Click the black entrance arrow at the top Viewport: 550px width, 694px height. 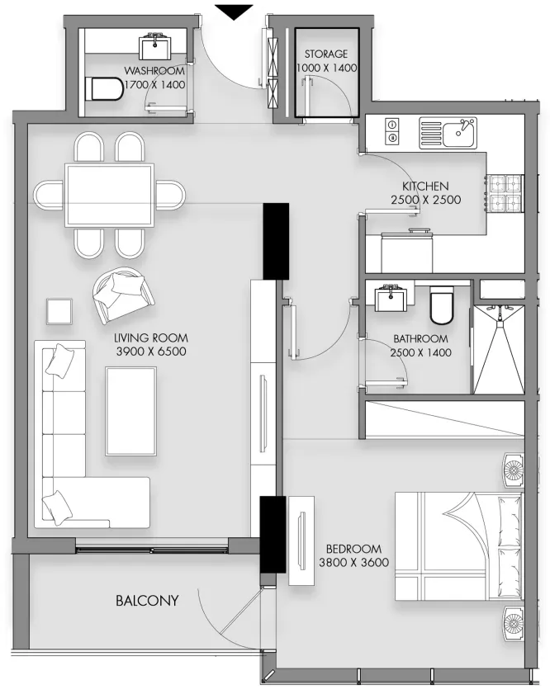pyautogui.click(x=234, y=12)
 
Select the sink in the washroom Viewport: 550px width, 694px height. pyautogui.click(x=155, y=45)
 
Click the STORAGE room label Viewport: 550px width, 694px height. pyautogui.click(x=326, y=54)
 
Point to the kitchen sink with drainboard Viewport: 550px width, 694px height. pyautogui.click(x=448, y=133)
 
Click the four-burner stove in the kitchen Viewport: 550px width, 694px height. pyautogui.click(x=505, y=193)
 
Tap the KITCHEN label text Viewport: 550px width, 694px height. pyautogui.click(x=425, y=186)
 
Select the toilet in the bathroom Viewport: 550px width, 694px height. pyautogui.click(x=442, y=305)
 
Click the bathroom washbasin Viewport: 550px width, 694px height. pyautogui.click(x=390, y=296)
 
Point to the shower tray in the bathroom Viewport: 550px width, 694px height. pyautogui.click(x=499, y=349)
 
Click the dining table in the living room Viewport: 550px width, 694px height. pyautogui.click(x=109, y=196)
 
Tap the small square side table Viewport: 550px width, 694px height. pyautogui.click(x=59, y=312)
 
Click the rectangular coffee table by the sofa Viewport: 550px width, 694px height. pyautogui.click(x=131, y=411)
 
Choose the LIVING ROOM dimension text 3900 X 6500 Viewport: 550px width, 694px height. pyautogui.click(x=151, y=352)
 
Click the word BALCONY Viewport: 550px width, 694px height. pyautogui.click(x=147, y=601)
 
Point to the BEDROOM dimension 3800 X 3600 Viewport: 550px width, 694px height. pyautogui.click(x=353, y=563)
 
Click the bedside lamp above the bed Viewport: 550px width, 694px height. pyautogui.click(x=513, y=470)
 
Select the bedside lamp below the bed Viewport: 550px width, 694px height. pyautogui.click(x=513, y=624)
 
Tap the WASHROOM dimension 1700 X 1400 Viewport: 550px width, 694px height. pyautogui.click(x=155, y=84)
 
